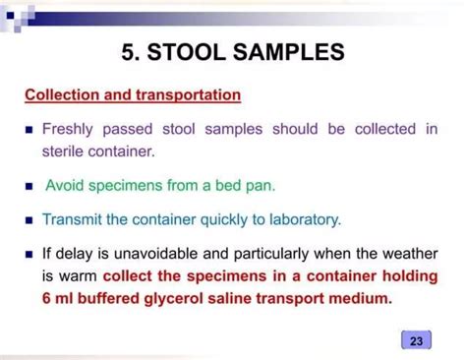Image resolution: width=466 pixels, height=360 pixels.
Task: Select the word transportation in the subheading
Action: (x=183, y=95)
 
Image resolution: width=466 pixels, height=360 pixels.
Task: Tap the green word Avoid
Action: (x=67, y=185)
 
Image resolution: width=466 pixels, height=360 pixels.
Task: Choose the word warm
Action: (x=78, y=274)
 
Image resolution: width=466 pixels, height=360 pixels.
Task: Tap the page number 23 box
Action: (x=417, y=341)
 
